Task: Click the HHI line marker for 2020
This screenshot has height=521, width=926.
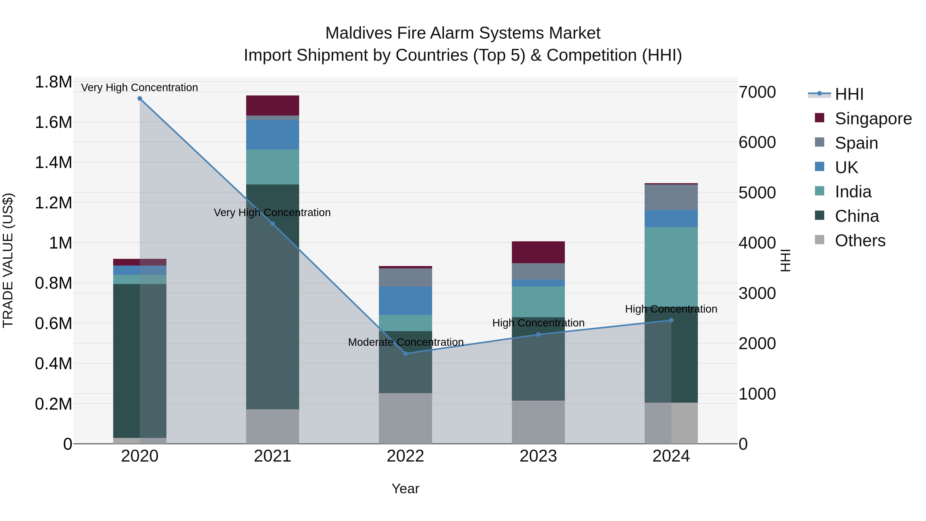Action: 140,99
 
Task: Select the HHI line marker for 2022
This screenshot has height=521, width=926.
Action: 405,354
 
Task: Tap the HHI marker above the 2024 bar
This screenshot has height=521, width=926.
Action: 671,320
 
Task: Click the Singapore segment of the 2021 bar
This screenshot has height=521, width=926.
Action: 272,105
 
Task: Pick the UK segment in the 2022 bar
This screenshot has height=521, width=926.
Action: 405,301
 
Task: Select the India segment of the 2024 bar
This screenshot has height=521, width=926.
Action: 671,266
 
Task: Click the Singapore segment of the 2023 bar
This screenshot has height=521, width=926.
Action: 538,252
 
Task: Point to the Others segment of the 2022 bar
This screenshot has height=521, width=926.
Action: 405,418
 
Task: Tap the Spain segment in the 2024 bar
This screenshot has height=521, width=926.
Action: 671,197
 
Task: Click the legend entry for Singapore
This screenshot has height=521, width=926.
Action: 873,119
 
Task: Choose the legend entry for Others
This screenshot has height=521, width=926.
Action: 860,241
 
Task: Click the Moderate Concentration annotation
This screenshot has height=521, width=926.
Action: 405,342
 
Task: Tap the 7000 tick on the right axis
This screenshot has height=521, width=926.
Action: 757,92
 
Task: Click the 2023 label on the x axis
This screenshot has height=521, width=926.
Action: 538,456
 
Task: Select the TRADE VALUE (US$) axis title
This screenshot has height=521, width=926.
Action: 8,260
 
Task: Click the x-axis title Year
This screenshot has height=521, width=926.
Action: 405,489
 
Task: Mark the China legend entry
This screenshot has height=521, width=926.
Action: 857,216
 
